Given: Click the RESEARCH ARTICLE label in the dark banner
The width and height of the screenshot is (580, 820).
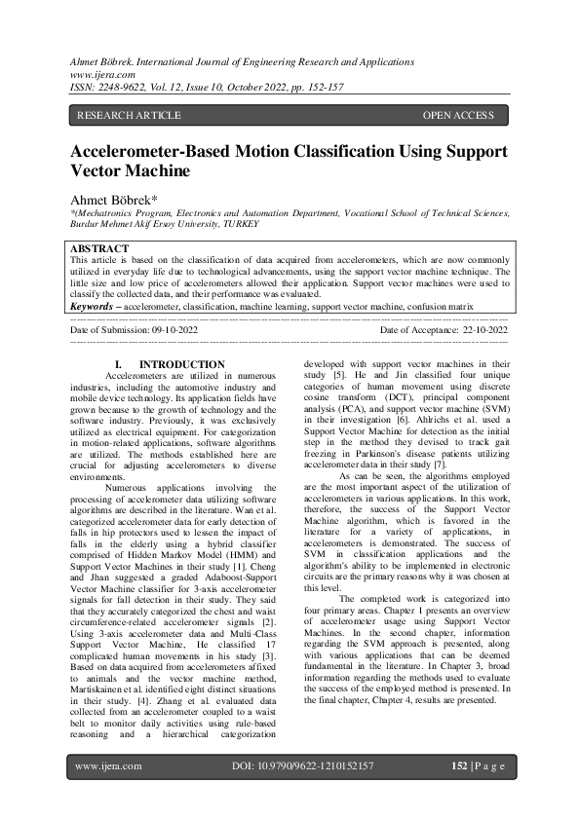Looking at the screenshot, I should coord(129,116).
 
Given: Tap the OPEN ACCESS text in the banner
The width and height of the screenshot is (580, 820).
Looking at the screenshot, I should coord(458,116).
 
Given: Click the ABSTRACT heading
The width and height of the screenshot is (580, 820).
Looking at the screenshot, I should coord(99,249).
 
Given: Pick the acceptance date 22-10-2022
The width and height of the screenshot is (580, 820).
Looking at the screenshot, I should coord(483,330).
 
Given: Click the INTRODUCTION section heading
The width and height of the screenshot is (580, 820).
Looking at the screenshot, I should coord(182,365).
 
